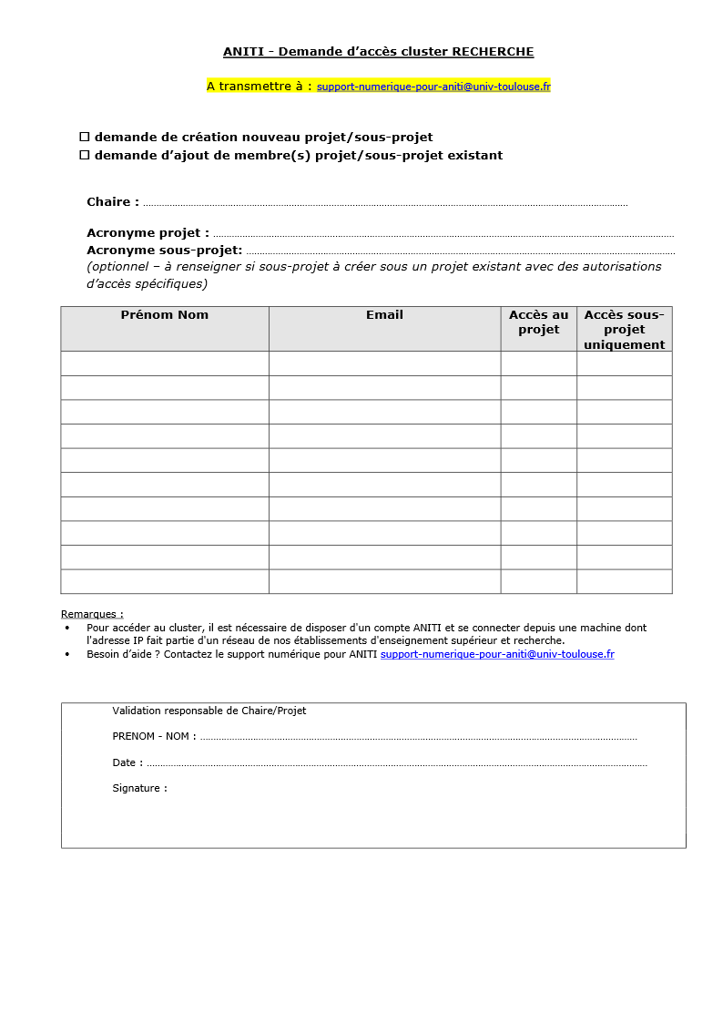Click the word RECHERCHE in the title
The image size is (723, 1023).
point(493,52)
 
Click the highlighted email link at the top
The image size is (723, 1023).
point(433,87)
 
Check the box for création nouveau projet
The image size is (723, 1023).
point(85,137)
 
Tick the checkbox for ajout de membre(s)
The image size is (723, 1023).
point(85,155)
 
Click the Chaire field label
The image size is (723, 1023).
point(113,202)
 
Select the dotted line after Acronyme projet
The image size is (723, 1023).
point(443,234)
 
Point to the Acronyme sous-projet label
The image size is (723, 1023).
point(164,250)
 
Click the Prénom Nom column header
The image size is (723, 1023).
point(165,315)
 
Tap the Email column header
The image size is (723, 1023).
point(384,315)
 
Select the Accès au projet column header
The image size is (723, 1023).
point(538,322)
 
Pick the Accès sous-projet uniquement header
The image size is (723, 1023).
point(624,330)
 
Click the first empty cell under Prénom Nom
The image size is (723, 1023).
point(165,363)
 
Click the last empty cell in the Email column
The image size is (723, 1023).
point(384,581)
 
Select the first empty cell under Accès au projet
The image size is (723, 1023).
point(538,363)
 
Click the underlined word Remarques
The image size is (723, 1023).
point(92,614)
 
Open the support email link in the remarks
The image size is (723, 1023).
point(497,654)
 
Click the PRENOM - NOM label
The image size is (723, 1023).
point(154,736)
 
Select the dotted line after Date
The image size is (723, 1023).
point(396,763)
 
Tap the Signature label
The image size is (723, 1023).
point(139,788)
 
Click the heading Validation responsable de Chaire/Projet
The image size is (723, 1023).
point(209,711)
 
